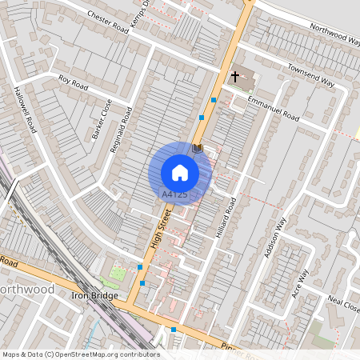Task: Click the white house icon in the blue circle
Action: pos(180,173)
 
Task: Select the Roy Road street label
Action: pos(74,80)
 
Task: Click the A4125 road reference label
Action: pos(175,194)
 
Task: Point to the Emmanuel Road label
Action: pos(272,108)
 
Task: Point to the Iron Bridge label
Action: pos(94,295)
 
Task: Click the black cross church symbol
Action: pos(235,77)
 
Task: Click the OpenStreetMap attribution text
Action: pos(80,354)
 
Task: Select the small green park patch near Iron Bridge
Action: pos(117,274)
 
